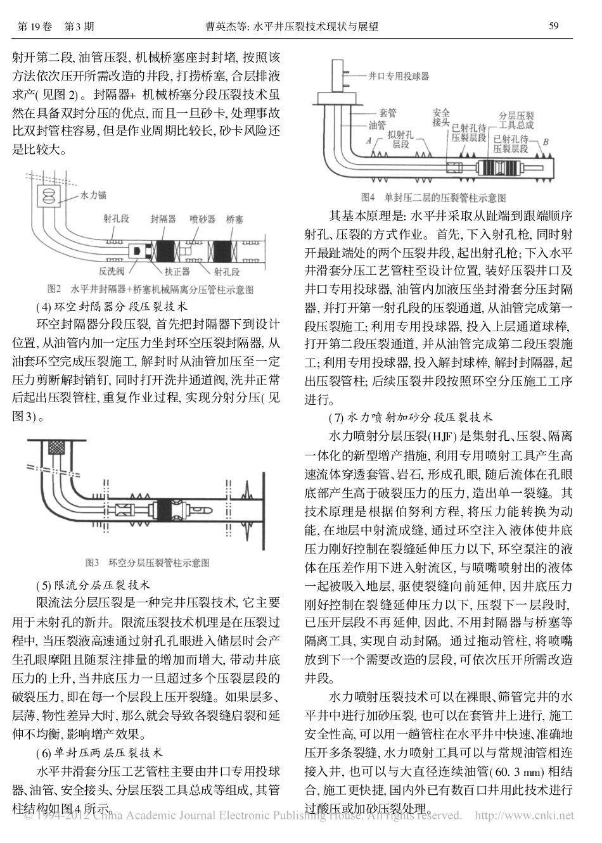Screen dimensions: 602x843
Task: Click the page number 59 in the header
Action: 553,27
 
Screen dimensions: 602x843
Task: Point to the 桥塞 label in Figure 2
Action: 234,219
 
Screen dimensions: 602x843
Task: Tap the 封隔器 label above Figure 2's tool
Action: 163,219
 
